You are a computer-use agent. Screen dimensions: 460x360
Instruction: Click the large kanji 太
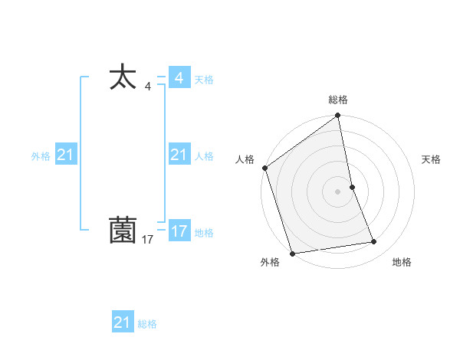123,78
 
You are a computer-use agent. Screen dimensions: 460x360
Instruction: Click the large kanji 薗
123,230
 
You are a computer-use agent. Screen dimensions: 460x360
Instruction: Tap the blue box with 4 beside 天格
179,78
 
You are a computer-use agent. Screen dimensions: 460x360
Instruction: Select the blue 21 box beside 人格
179,155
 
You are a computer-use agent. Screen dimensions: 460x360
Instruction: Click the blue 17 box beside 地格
179,231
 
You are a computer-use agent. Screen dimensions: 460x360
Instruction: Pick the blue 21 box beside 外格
65,155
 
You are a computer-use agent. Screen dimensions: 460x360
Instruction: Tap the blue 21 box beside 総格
123,322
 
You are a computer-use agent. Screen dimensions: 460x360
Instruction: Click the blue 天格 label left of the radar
204,79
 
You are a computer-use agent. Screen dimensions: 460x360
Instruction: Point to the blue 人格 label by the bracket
204,155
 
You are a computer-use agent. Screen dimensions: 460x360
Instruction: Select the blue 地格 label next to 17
204,232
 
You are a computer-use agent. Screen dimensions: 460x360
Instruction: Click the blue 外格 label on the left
41,155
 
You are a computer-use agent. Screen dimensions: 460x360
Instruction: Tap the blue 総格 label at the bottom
147,324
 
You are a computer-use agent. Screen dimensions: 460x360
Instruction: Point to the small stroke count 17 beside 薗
148,241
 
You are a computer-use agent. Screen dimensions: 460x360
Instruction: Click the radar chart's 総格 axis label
338,100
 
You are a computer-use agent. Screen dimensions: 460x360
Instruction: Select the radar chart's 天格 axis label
431,159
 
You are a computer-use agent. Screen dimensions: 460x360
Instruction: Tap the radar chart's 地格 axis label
402,263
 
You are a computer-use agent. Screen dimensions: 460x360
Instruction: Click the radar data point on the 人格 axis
264,168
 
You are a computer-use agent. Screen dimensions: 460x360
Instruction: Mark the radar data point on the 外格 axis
292,254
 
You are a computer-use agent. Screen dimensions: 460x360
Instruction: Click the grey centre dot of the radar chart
338,191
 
